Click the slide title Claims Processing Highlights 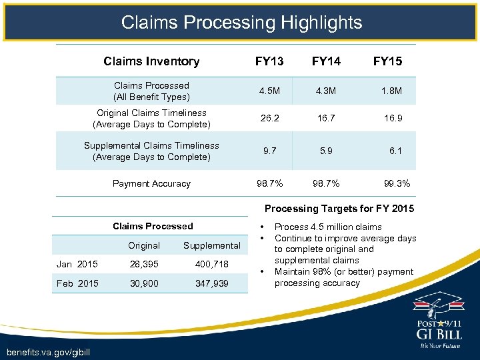[241, 23]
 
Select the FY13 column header [269, 61]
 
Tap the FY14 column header [326, 61]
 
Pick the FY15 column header [387, 61]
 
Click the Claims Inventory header [151, 61]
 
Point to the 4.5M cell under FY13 [269, 91]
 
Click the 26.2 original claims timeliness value [269, 119]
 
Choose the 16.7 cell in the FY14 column [326, 119]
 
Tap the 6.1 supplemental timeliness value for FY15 [395, 151]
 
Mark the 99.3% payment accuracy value [396, 183]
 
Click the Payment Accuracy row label [151, 183]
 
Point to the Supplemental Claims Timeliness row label [151, 151]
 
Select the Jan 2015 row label [77, 264]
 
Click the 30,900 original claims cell [144, 283]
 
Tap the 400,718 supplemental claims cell [211, 264]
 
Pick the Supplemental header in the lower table [211, 245]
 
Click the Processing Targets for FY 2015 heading [339, 209]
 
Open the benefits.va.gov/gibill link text [46, 351]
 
